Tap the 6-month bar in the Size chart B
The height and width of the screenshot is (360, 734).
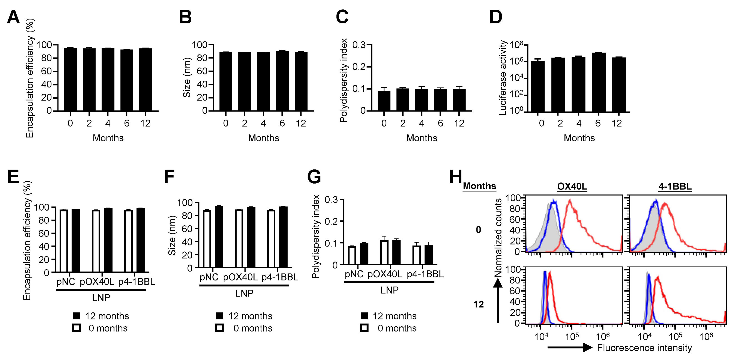point(282,81)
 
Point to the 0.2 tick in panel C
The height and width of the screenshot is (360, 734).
point(360,67)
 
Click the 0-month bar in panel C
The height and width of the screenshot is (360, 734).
point(384,101)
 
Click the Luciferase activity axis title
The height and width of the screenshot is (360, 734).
point(503,78)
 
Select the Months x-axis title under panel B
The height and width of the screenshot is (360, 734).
point(264,138)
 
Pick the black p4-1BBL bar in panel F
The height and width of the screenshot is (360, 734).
point(283,237)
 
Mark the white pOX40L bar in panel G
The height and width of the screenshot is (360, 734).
point(384,252)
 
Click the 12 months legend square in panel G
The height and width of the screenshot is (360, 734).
point(364,316)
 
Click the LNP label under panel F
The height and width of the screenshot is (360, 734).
point(244,293)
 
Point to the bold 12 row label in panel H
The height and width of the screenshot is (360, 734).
point(478,304)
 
